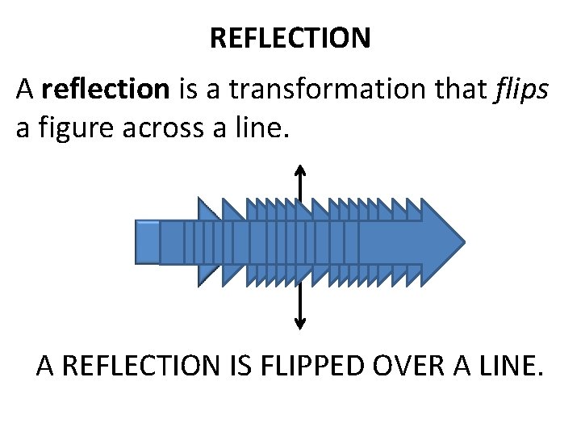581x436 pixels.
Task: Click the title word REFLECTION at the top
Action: [x=290, y=38]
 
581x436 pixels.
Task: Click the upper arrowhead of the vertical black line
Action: [x=300, y=170]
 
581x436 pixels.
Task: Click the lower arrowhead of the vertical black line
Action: [x=300, y=325]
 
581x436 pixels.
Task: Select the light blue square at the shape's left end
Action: [x=147, y=242]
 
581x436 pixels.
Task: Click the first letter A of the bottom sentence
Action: [x=46, y=367]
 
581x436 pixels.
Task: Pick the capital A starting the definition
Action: [x=25, y=90]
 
